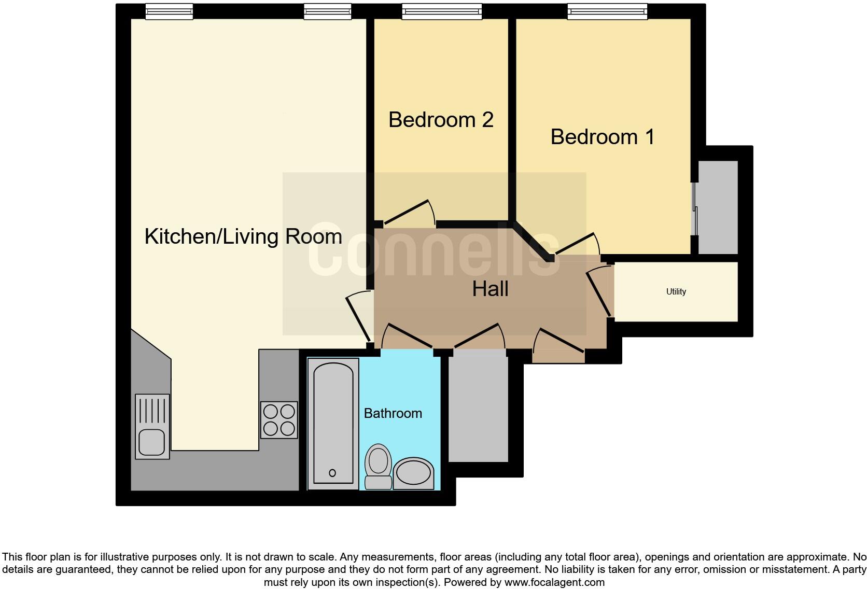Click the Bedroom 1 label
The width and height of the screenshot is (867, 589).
point(602,137)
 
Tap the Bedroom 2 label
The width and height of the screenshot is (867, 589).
point(441,120)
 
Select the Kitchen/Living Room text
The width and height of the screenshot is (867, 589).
point(243,236)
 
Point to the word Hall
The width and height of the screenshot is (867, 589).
point(490,289)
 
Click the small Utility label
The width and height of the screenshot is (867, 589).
point(676,291)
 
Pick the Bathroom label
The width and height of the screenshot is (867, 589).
point(393,413)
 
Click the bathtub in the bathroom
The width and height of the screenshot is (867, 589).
point(333,423)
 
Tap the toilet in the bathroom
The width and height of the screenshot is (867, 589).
point(378,466)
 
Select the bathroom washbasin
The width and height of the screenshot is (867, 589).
point(413,473)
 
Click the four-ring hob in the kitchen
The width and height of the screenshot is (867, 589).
point(279,420)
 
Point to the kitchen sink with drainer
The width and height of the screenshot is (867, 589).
point(152,426)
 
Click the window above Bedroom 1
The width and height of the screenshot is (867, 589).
point(607,11)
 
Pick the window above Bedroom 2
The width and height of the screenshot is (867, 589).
point(442,11)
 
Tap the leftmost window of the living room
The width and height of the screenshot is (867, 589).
point(169,11)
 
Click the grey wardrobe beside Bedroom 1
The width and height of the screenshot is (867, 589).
point(718,207)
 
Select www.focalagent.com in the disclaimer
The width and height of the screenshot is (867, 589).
point(554,582)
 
